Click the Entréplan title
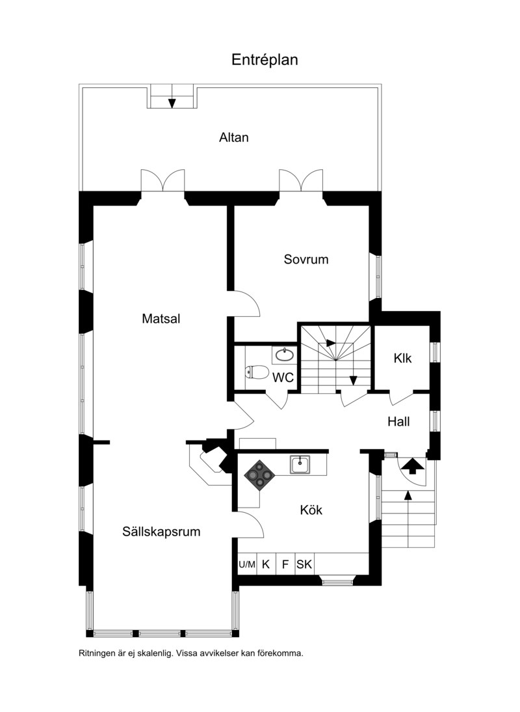coord(265,60)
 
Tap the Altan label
coord(234,137)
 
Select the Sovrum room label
coord(306,259)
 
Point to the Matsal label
coord(161,318)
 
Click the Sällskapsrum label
coord(161,532)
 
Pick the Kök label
coord(311,510)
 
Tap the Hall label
coord(398,422)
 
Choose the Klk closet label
coord(402,358)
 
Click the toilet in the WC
coord(257,372)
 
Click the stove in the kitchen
coord(260,475)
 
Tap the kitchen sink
coord(300,465)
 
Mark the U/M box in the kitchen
coord(247,564)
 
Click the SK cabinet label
coord(304,564)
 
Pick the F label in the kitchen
coord(285,564)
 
